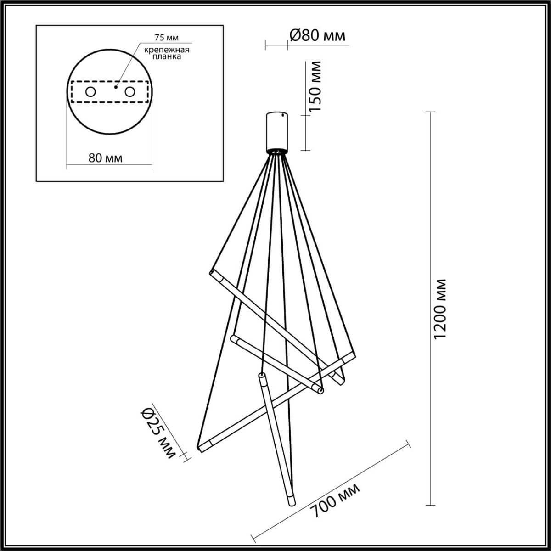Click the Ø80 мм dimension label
pyautogui.click(x=317, y=35)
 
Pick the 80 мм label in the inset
pyautogui.click(x=105, y=158)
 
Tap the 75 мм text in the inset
pyautogui.click(x=162, y=39)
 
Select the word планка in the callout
pyautogui.click(x=165, y=57)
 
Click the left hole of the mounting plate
pyautogui.click(x=90, y=92)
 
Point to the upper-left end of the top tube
pyautogui.click(x=212, y=273)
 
